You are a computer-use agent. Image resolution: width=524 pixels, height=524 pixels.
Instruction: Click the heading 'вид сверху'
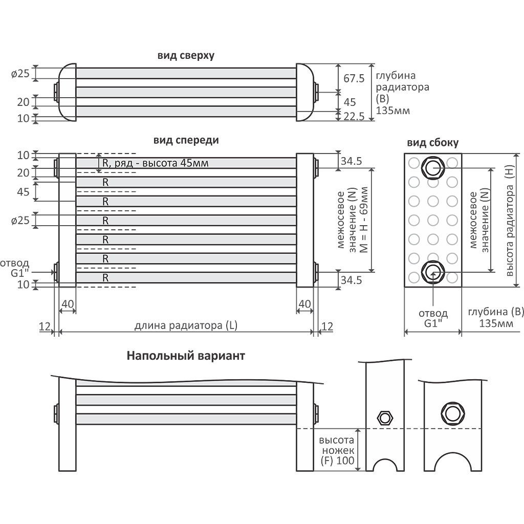tap(186, 55)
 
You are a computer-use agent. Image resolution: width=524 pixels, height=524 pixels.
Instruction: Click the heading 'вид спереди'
tap(186, 140)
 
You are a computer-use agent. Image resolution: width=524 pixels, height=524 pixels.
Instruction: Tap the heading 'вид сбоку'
tap(433, 143)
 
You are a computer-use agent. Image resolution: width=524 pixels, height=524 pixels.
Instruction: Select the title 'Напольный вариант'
tap(186, 356)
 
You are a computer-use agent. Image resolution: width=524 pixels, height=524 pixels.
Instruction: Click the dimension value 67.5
tap(354, 78)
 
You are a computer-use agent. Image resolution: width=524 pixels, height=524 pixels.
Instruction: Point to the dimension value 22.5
tap(354, 116)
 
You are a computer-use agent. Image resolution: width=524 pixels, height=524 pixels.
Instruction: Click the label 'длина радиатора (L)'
tap(186, 325)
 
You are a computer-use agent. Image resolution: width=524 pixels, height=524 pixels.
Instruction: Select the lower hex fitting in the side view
tap(433, 272)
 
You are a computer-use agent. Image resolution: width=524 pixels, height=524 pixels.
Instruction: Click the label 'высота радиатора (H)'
tap(509, 221)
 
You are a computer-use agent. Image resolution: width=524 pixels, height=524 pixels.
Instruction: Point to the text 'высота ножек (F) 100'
tap(337, 450)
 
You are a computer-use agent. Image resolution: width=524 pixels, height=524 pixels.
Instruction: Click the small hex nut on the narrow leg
tap(385, 418)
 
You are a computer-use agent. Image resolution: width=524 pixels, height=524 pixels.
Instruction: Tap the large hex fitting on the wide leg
tap(453, 413)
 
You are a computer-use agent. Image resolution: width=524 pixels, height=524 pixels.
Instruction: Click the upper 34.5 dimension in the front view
tap(351, 161)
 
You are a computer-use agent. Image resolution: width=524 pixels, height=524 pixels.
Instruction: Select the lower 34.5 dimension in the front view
tap(351, 280)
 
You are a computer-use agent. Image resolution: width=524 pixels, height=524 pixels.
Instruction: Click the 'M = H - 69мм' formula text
tap(364, 220)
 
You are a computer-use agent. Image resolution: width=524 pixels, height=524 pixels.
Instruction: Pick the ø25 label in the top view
tap(20, 73)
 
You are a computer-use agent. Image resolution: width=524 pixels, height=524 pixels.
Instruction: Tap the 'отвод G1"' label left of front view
tap(15, 268)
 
